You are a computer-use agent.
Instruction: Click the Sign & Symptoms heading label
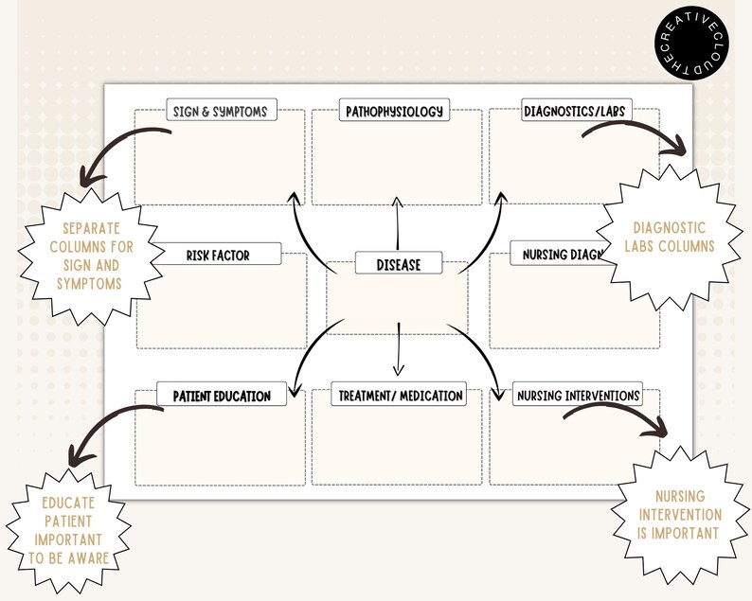coord(219,111)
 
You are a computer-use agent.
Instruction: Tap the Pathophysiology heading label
coord(394,111)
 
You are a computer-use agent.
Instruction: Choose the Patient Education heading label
coord(221,396)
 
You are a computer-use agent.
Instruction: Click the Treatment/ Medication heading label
coord(400,396)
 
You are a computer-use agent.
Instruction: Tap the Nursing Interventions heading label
coord(577,396)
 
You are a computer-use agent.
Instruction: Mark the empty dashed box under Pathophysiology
coord(397,161)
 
